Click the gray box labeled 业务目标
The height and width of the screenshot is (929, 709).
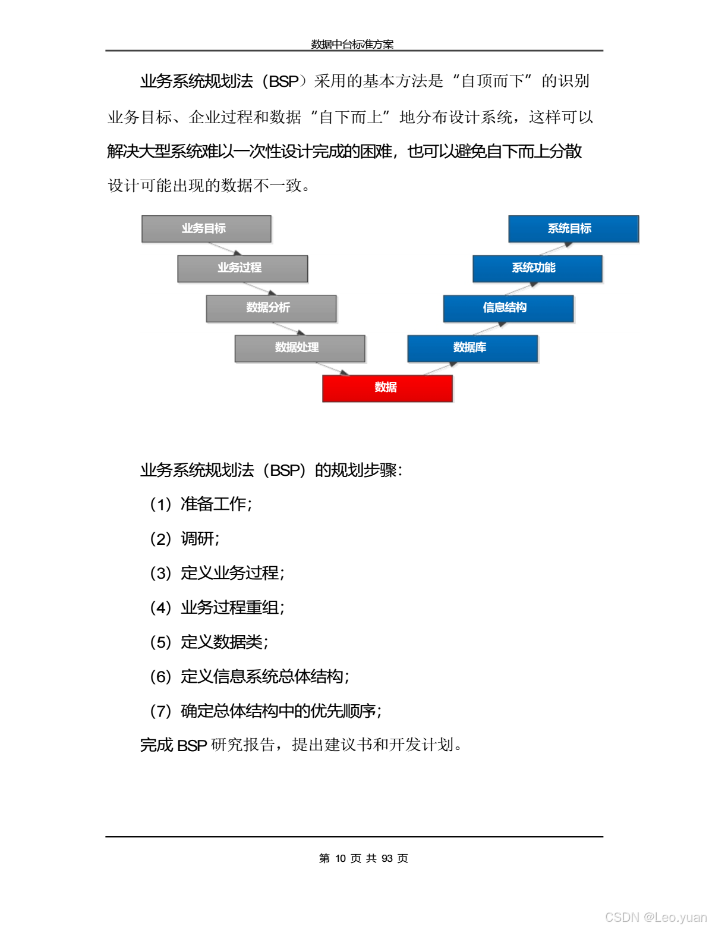point(206,229)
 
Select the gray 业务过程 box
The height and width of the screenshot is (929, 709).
point(242,269)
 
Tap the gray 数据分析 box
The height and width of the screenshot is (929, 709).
point(271,309)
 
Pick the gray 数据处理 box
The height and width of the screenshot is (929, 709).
point(300,349)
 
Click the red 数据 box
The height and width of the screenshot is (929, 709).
point(387,388)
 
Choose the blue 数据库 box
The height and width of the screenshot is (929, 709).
point(472,349)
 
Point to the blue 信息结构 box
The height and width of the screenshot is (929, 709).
point(508,309)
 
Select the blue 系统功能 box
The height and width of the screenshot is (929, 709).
point(537,269)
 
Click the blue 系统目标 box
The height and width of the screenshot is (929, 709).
point(573,229)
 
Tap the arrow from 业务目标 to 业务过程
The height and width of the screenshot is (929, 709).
point(225,249)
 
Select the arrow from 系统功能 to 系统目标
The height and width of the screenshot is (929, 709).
point(556,249)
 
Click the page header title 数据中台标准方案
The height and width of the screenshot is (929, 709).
point(352,44)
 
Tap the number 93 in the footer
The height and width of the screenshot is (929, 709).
point(387,858)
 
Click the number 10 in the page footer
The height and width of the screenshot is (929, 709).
point(341,858)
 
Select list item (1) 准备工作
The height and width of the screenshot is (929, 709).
point(201,504)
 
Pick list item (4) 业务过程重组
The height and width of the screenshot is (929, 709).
point(217,607)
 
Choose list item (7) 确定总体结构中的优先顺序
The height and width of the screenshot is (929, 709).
point(266,711)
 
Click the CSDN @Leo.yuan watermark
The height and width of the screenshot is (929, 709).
point(656,917)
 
